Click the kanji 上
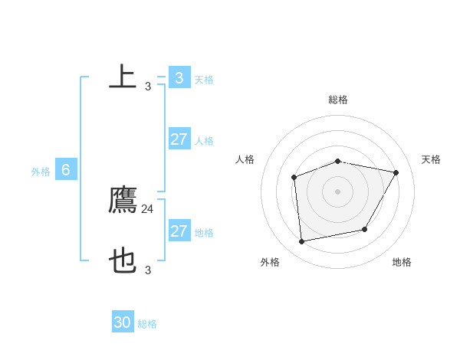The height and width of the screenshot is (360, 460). click(x=123, y=77)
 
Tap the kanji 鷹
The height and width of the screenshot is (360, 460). click(x=123, y=201)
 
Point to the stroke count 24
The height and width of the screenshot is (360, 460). click(x=148, y=208)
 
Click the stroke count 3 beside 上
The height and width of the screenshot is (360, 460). click(x=148, y=86)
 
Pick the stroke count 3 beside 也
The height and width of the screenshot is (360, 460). click(x=148, y=270)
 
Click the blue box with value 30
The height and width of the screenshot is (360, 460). click(x=123, y=322)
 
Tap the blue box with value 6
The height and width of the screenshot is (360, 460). click(x=66, y=171)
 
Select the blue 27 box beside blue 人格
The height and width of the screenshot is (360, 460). click(x=179, y=139)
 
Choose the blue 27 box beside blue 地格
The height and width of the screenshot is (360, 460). click(x=179, y=231)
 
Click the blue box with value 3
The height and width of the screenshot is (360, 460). click(x=179, y=77)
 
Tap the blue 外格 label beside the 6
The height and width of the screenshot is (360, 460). click(x=41, y=172)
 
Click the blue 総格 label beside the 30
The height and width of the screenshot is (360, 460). click(x=147, y=324)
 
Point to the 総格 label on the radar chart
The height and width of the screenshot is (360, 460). click(x=338, y=100)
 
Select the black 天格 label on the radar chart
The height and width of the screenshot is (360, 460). click(x=431, y=159)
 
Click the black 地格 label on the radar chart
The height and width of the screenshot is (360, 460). click(x=402, y=262)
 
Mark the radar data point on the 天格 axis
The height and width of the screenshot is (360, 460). click(x=396, y=172)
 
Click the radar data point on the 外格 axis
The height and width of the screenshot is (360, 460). click(x=302, y=241)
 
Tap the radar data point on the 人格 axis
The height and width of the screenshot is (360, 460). click(x=294, y=178)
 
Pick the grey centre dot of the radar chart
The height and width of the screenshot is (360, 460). click(x=338, y=191)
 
